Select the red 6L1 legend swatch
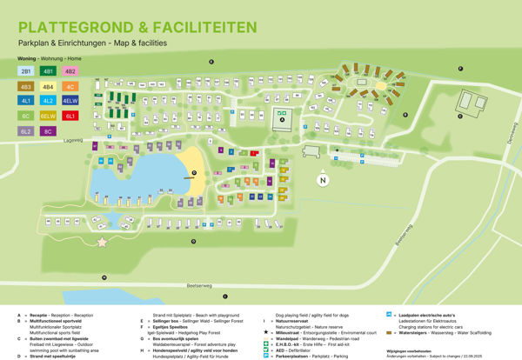(x=71, y=116)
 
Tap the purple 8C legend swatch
(x=49, y=130)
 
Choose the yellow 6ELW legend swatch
(x=49, y=116)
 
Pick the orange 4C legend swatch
(x=71, y=86)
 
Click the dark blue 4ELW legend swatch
(x=71, y=101)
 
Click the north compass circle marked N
(x=323, y=181)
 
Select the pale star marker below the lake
(x=104, y=242)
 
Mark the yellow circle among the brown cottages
(x=380, y=89)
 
